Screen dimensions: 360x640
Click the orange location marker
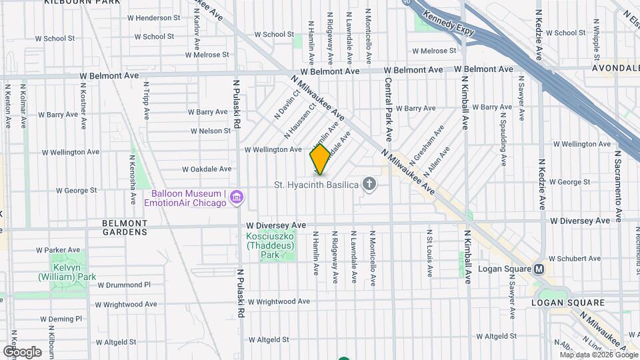(320, 159)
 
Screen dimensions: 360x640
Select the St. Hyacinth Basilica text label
(317, 184)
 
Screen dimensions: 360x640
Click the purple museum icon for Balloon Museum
(236, 197)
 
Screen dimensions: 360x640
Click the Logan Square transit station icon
(540, 269)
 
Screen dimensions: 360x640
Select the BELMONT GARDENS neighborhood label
(125, 227)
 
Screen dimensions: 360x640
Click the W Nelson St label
(211, 131)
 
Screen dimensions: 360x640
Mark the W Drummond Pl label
(124, 285)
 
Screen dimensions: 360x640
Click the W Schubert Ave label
(575, 259)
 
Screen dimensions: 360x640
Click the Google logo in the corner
(23, 351)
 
